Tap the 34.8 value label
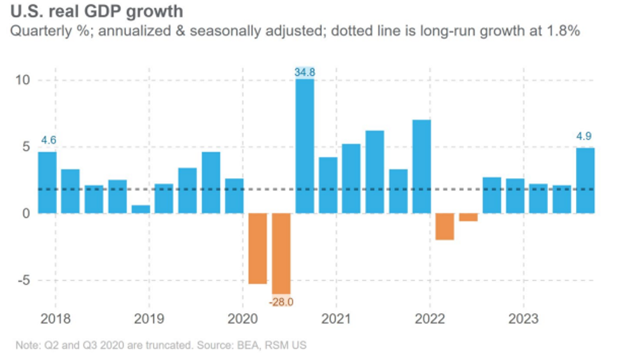pos(305,73)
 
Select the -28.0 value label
pos(281,302)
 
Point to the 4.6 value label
pos(48,140)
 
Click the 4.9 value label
pos(585,136)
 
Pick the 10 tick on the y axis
pos(23,80)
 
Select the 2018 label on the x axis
pos(56,318)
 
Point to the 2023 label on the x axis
pos(523,318)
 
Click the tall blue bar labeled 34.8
pos(305,146)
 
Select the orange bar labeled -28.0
pos(281,254)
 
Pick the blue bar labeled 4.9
pos(585,181)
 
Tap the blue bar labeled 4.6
pos(48,183)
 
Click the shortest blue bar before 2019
pos(141,209)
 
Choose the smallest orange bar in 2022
pos(468,217)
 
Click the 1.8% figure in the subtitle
pos(566,30)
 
